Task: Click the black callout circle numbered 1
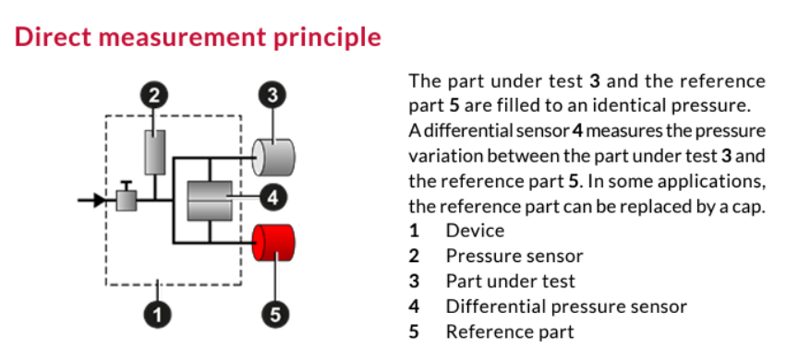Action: click(157, 314)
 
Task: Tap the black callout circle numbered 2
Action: click(154, 95)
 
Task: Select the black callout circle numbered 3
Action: click(272, 95)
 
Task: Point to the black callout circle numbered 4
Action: click(272, 198)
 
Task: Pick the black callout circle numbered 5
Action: click(275, 314)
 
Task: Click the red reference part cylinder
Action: click(273, 243)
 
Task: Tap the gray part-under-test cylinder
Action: click(273, 157)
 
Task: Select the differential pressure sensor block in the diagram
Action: click(210, 200)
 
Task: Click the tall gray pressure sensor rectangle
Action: click(155, 152)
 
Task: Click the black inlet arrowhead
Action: click(100, 200)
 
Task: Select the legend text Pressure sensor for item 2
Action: click(514, 256)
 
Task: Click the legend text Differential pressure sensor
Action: click(566, 306)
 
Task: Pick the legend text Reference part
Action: click(510, 331)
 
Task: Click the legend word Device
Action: click(476, 231)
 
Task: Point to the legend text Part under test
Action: click(510, 281)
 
